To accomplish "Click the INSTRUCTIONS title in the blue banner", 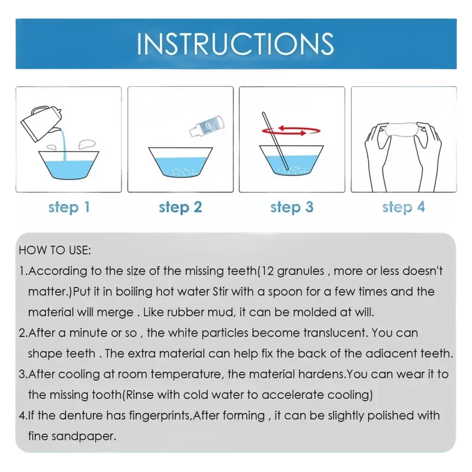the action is tap(235, 44).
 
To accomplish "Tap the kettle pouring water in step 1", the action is tap(42, 123).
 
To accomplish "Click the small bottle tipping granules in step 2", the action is tap(207, 126).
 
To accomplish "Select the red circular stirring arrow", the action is tap(291, 131).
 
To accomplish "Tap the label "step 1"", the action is tap(69, 207).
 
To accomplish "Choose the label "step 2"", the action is tap(181, 207).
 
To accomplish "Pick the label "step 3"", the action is tap(291, 207).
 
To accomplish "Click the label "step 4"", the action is tap(403, 207).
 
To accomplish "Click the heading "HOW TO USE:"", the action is tap(55, 250).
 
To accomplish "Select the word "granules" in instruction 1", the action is tap(300, 271).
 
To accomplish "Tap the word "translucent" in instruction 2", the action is tap(335, 333).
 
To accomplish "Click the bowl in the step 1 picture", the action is tap(69, 166).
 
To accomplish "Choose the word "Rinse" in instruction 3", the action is tap(140, 395).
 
